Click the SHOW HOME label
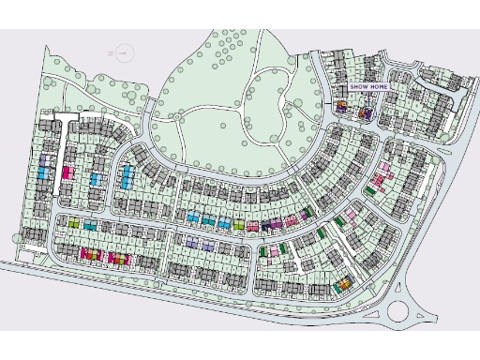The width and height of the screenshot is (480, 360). [367, 87]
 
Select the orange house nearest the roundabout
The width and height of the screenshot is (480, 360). [344, 282]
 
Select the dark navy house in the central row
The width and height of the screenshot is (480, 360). [265, 224]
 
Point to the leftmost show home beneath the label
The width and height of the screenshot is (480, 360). [342, 107]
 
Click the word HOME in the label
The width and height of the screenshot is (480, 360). [378, 87]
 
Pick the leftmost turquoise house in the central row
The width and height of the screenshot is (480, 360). [191, 217]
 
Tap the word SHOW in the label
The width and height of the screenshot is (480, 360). [357, 87]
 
